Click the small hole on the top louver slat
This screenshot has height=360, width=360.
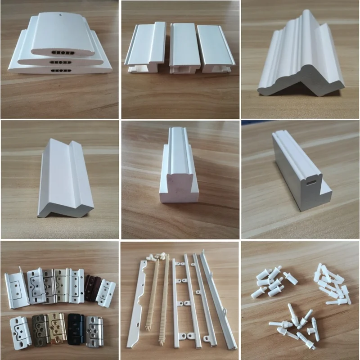point(60,14)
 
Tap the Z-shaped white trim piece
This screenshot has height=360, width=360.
point(65,180)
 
